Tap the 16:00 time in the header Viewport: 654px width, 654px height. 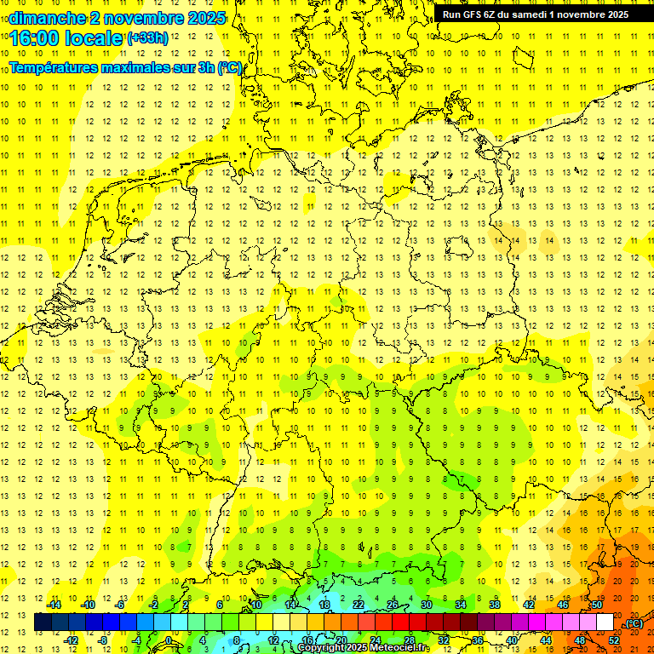tap(34, 38)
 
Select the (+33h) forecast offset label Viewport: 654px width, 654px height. tap(146, 37)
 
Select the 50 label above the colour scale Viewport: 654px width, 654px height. tap(598, 605)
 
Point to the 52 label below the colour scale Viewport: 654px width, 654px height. tap(614, 640)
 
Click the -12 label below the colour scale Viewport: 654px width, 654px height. tap(71, 640)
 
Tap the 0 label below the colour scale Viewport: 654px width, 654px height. tap(169, 640)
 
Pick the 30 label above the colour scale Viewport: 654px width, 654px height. tap(426, 605)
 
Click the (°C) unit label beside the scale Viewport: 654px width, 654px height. tap(634, 623)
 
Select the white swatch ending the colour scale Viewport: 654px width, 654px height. tap(605, 622)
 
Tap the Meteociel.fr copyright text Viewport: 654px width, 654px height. tap(363, 648)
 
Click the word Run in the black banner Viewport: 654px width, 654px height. tap(451, 14)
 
